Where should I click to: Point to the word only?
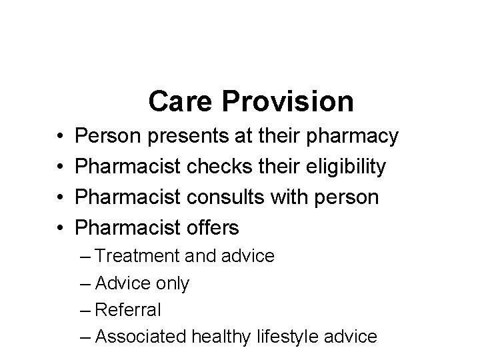tap(172, 283)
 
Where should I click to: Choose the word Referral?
tap(128, 310)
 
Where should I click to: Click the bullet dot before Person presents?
tap(60, 138)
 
